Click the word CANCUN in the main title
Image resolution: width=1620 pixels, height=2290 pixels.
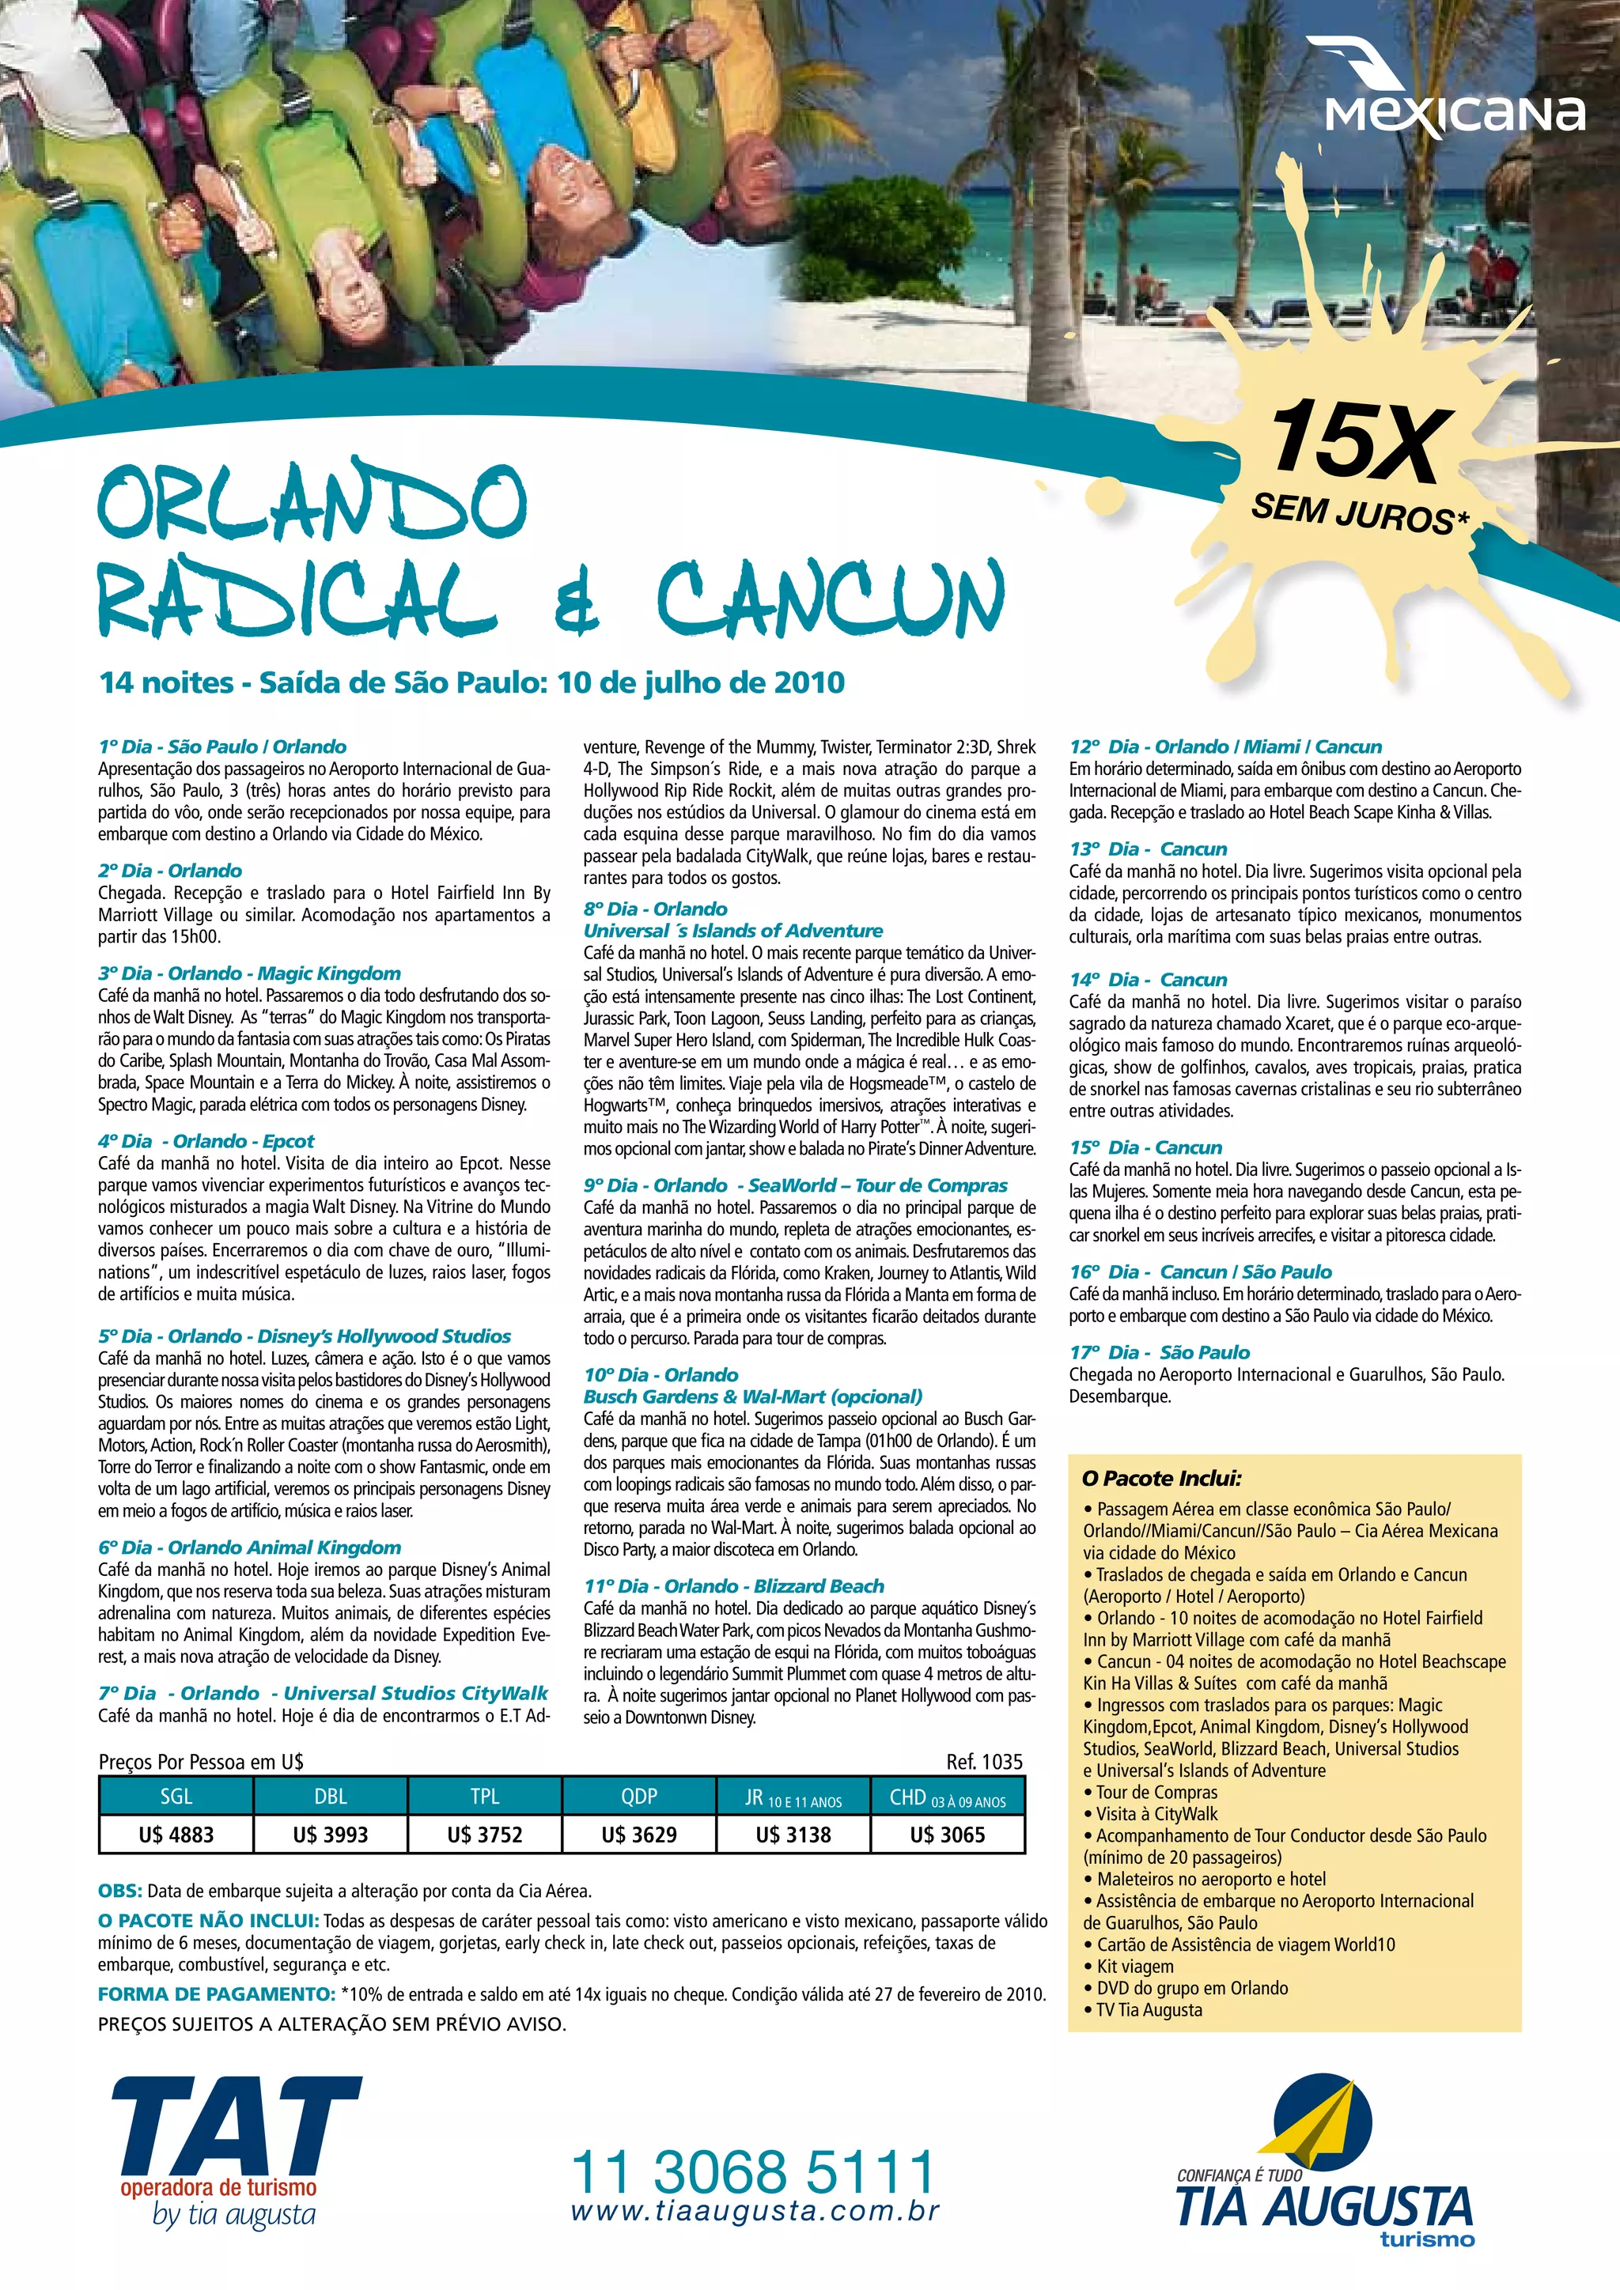point(829,598)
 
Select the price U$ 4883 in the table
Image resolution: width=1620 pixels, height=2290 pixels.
point(176,1835)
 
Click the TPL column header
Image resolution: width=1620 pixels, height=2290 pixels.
point(485,1797)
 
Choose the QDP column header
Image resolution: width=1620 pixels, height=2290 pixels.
point(639,1797)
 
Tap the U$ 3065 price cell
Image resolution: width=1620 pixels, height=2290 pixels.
point(948,1835)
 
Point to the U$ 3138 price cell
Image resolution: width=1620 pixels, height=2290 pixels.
point(793,1835)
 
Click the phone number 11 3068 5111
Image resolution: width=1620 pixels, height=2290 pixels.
point(753,2171)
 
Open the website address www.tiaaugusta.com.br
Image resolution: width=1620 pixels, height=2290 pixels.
point(755,2211)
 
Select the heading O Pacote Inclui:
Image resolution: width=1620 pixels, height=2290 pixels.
point(1161,1478)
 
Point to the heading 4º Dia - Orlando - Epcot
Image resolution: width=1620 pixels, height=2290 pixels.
point(206,1141)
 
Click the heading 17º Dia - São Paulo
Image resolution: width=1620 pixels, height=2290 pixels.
point(1159,1352)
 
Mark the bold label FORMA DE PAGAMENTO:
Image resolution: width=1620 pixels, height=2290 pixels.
point(215,1993)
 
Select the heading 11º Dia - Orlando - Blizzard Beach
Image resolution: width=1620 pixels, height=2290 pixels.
point(734,1586)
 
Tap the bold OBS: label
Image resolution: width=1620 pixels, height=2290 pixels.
point(119,1891)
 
